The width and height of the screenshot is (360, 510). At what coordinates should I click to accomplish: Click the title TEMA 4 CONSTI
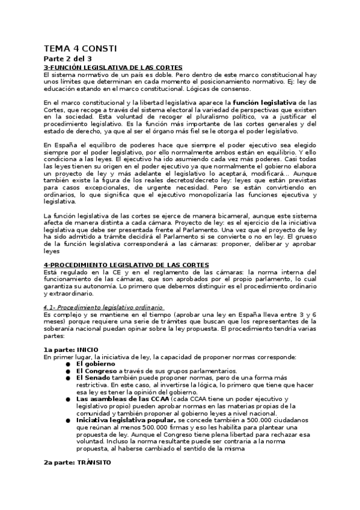point(81,48)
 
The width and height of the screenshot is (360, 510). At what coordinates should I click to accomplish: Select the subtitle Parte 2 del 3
point(67,59)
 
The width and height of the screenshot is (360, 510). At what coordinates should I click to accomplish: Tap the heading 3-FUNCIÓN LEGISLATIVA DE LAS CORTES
point(113,67)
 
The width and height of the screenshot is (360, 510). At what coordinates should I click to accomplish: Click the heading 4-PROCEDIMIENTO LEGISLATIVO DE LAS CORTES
point(126,265)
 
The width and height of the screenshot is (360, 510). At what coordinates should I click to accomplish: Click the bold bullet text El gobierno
point(94,364)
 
